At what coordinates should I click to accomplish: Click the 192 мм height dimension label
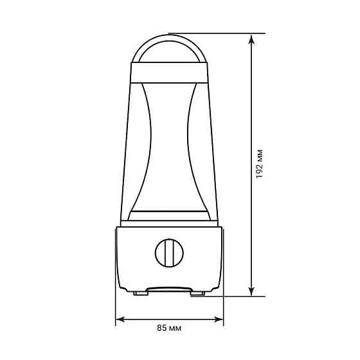pyautogui.click(x=259, y=164)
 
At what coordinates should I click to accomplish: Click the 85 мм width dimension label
pyautogui.click(x=169, y=328)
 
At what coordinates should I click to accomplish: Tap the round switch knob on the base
pyautogui.click(x=169, y=253)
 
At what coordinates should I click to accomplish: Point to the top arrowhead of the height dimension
pyautogui.click(x=251, y=39)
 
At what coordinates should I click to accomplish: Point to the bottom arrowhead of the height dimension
pyautogui.click(x=251, y=291)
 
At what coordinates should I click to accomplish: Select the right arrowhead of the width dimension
pyautogui.click(x=218, y=319)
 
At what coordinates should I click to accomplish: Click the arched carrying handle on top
pyautogui.click(x=169, y=38)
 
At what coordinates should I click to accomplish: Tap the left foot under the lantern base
pyautogui.click(x=141, y=293)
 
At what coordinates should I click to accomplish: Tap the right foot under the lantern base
pyautogui.click(x=197, y=293)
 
